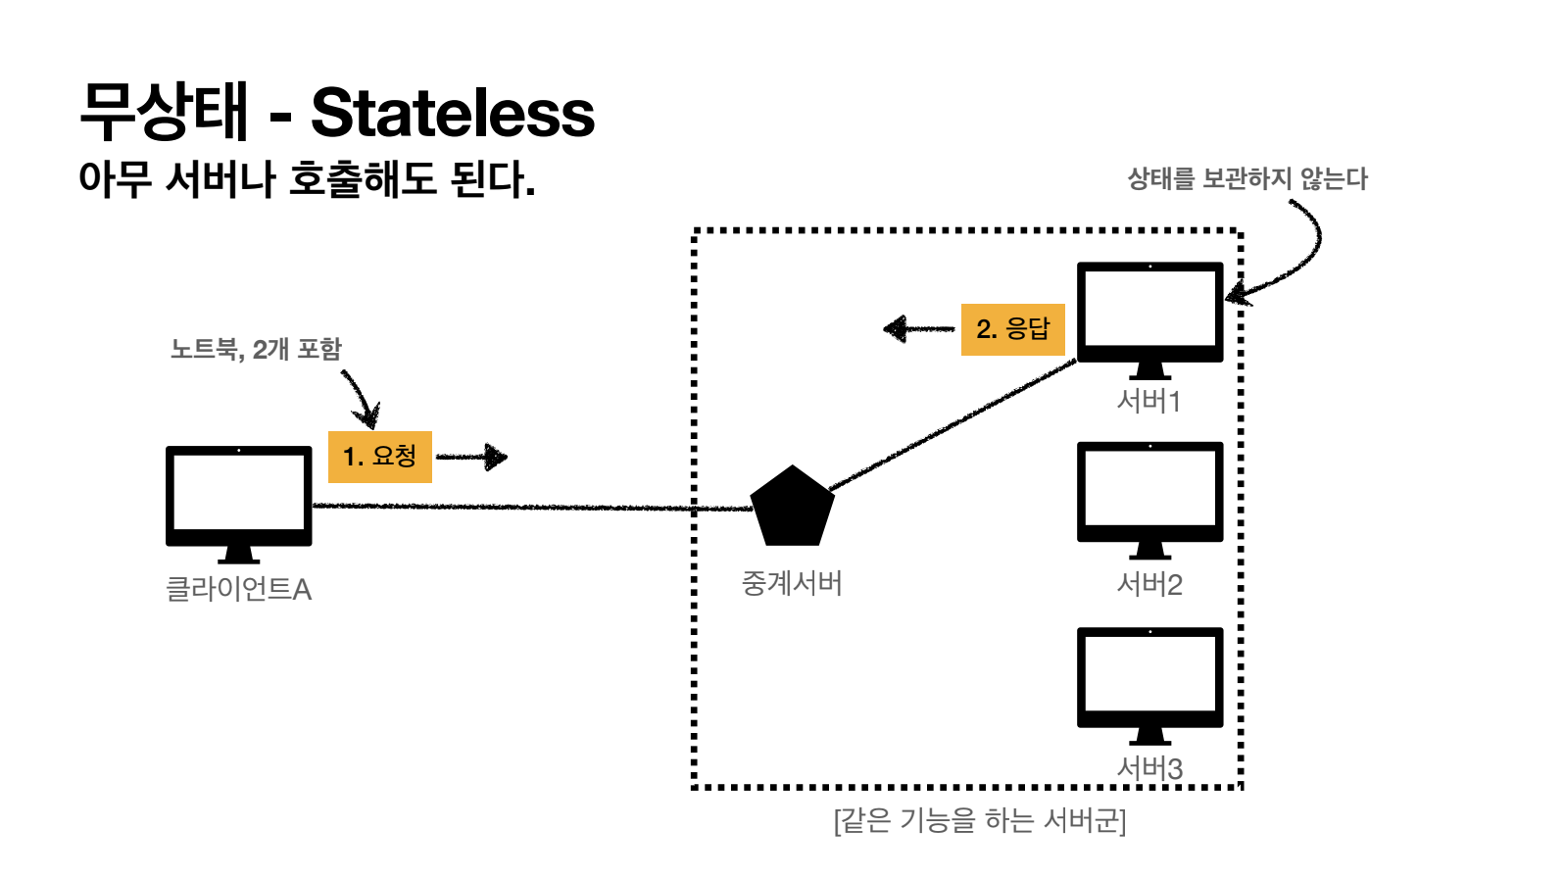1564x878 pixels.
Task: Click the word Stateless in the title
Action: point(452,113)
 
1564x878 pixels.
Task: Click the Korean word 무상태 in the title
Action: point(165,111)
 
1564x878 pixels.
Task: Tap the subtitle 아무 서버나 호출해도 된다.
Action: point(307,179)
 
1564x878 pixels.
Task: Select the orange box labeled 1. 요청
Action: point(380,456)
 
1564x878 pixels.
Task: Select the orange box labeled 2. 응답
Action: point(1012,328)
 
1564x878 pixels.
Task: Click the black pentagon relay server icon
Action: point(792,508)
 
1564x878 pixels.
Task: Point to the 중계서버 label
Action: point(792,584)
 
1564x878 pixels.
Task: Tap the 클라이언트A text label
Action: point(238,589)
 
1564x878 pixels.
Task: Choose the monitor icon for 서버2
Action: point(1149,496)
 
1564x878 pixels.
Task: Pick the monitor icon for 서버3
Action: point(1149,682)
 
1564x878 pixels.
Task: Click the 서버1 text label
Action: point(1149,401)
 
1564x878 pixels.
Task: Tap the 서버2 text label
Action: point(1149,585)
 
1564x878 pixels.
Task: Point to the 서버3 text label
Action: point(1149,768)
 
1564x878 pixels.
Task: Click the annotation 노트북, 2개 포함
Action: point(256,349)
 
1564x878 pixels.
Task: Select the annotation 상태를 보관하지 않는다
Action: point(1247,178)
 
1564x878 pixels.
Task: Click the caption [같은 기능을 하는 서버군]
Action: point(980,819)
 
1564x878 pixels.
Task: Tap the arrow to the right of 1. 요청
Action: point(472,457)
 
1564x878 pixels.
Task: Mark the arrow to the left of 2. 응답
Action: point(918,328)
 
